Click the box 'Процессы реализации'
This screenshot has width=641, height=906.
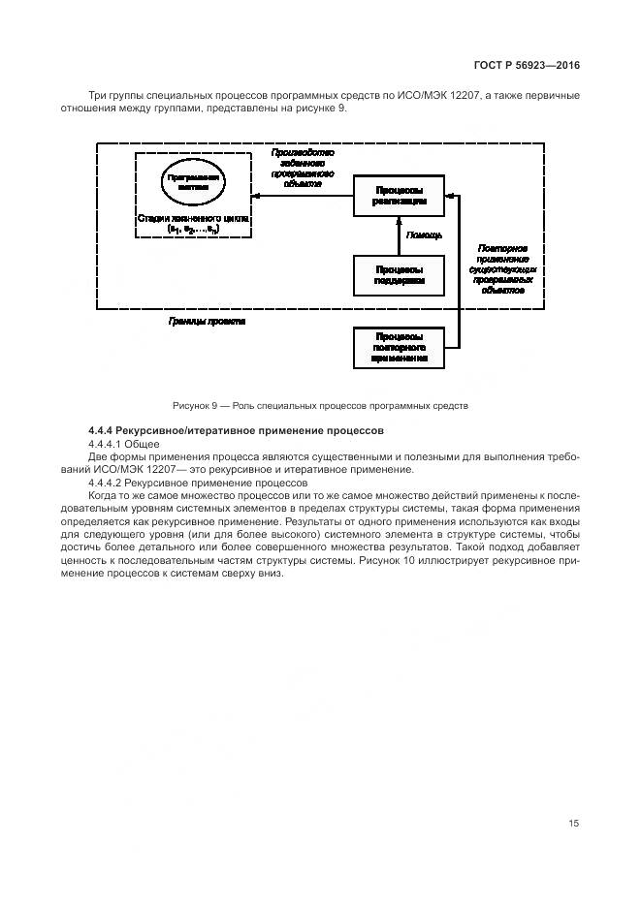tap(399, 196)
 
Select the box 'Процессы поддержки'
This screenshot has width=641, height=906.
tap(399, 274)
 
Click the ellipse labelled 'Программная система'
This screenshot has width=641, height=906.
tap(194, 184)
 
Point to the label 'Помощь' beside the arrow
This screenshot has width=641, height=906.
tap(424, 235)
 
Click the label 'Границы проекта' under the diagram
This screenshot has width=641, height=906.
tap(207, 321)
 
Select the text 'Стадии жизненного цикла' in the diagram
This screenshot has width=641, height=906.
tap(194, 219)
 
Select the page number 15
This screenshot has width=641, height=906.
tap(574, 823)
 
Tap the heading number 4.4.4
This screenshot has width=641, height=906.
tap(103, 429)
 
